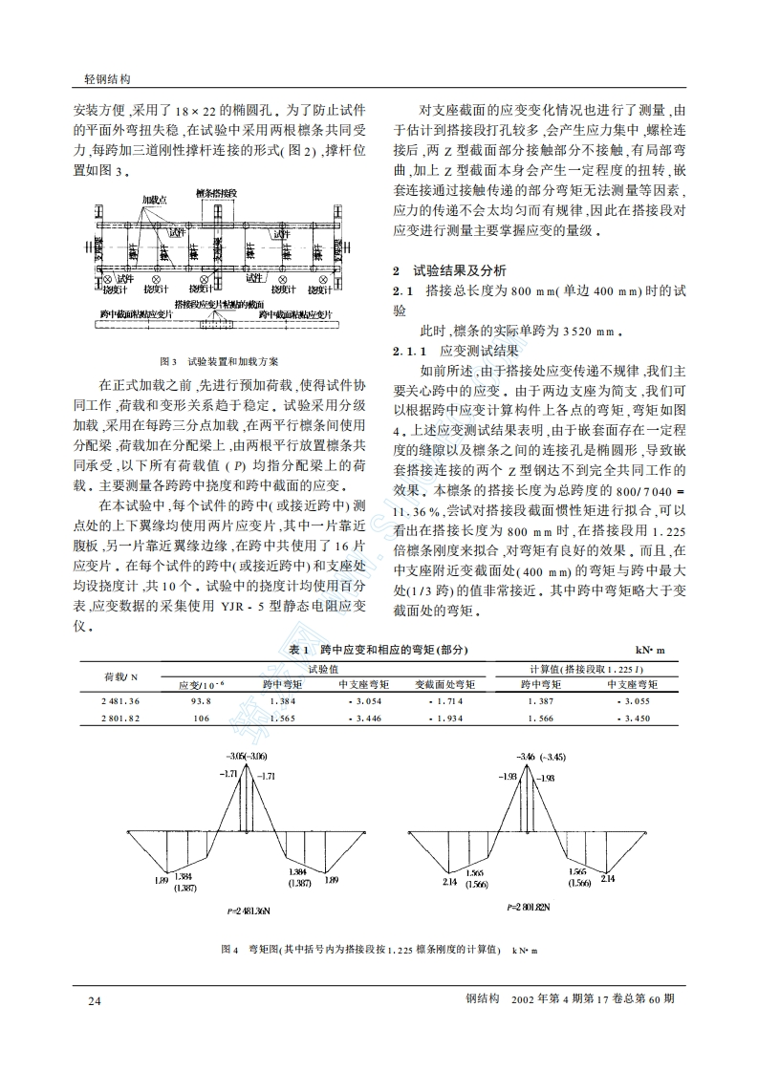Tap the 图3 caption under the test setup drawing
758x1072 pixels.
pos(219,361)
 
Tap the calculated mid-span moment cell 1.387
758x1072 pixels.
pos(540,701)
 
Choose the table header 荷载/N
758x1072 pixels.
pos(120,676)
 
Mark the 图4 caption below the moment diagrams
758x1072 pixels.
pos(379,950)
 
